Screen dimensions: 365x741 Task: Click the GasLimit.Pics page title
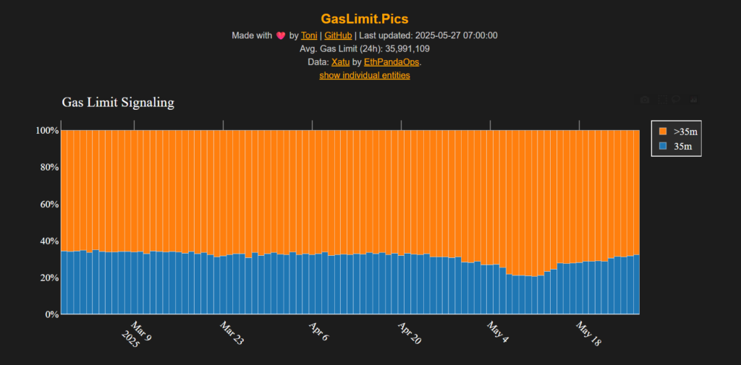pyautogui.click(x=370, y=19)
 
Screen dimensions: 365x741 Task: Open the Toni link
pyautogui.click(x=309, y=35)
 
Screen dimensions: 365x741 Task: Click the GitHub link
pyautogui.click(x=338, y=35)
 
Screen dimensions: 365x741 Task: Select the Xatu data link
pyautogui.click(x=340, y=62)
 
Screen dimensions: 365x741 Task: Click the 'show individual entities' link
pyautogui.click(x=365, y=75)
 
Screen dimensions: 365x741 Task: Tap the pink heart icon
pyautogui.click(x=280, y=35)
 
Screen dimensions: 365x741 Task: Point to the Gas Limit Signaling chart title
pyautogui.click(x=118, y=103)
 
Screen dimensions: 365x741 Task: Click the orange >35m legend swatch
pyautogui.click(x=662, y=132)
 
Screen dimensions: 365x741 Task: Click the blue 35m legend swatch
pyautogui.click(x=662, y=147)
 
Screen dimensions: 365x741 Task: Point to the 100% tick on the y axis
pyautogui.click(x=46, y=131)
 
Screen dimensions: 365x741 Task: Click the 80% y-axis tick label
pyautogui.click(x=48, y=168)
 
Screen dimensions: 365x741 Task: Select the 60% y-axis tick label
pyautogui.click(x=48, y=205)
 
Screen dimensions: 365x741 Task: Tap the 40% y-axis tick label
pyautogui.click(x=48, y=241)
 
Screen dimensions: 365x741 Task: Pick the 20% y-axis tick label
pyautogui.click(x=48, y=278)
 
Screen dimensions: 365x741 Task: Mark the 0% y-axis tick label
pyautogui.click(x=51, y=315)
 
